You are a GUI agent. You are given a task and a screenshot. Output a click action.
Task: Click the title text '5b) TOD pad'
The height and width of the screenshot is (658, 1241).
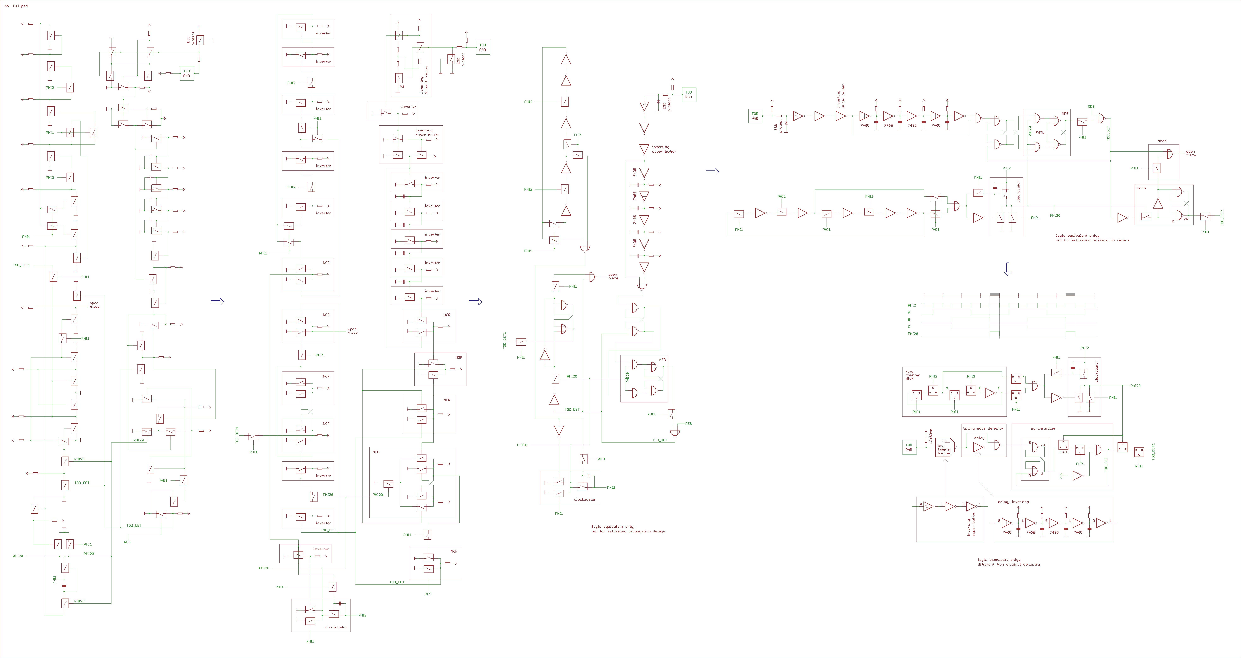[16, 6]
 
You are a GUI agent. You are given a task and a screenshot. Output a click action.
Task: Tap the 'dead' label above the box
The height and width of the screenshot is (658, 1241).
[1162, 141]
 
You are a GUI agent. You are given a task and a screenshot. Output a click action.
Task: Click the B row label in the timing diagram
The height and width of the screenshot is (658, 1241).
[909, 320]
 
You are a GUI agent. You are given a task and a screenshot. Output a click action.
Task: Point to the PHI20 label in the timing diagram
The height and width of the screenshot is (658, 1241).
[912, 333]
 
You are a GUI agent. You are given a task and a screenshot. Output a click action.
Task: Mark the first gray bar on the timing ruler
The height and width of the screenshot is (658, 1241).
[994, 295]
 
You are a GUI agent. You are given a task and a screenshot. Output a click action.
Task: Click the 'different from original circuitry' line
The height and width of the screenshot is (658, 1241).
[1008, 565]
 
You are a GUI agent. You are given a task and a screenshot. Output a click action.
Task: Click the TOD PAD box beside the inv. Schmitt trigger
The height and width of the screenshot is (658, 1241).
[909, 448]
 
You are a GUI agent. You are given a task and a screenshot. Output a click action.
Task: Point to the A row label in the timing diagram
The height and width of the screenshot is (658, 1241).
[909, 312]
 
